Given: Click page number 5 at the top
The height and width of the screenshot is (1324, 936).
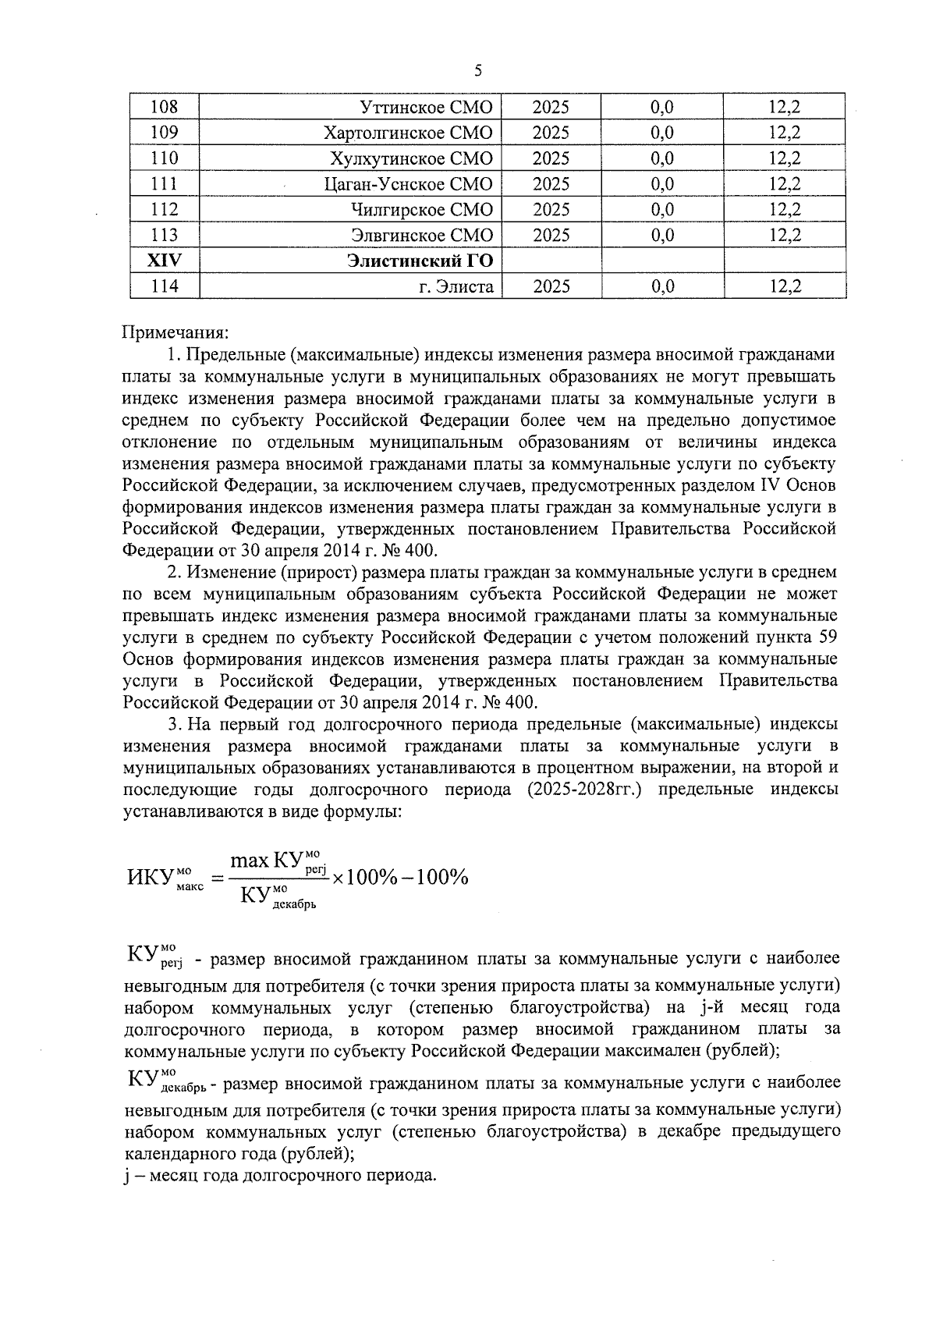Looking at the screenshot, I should click(x=478, y=71).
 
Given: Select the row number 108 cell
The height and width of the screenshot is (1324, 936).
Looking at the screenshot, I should click(x=164, y=107).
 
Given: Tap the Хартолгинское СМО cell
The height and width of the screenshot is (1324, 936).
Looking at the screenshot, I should click(x=408, y=133).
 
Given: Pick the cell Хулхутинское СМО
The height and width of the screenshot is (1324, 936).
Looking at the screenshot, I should click(x=412, y=158).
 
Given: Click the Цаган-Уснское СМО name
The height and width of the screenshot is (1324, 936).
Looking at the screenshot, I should click(x=408, y=184).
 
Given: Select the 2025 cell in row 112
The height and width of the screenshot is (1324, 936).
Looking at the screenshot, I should click(x=551, y=210).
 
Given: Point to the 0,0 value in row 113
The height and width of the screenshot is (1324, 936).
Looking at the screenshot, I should click(x=661, y=236).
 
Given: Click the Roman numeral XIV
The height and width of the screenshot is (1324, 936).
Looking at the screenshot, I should click(x=164, y=261).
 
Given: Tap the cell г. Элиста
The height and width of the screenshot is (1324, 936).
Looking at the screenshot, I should click(x=456, y=287).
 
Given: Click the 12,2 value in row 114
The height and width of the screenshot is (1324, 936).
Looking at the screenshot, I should click(x=785, y=287).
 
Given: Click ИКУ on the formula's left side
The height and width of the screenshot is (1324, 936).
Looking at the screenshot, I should click(x=149, y=878).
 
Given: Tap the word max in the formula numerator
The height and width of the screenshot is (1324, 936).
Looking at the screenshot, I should click(x=250, y=861).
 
